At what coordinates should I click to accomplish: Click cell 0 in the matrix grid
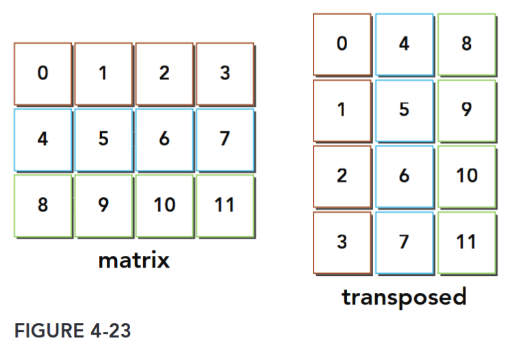click(x=42, y=73)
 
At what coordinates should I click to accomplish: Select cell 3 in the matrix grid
click(x=225, y=73)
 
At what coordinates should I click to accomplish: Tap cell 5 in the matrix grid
click(x=103, y=139)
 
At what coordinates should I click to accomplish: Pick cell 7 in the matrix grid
click(x=225, y=139)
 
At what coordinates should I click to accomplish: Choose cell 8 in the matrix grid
click(x=42, y=205)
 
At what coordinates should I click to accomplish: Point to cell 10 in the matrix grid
click(x=164, y=205)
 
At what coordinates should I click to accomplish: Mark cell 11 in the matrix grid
click(x=225, y=205)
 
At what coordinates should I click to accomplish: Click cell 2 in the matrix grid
click(x=164, y=73)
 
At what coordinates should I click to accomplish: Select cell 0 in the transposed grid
click(x=342, y=44)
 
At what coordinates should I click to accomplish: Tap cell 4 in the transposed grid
click(x=404, y=44)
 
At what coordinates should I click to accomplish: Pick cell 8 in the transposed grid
click(x=466, y=44)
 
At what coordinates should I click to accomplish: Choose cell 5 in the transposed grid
click(x=404, y=110)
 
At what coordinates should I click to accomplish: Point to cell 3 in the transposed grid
click(x=342, y=242)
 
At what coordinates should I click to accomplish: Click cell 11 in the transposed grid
click(x=466, y=242)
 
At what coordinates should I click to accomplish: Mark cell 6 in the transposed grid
click(x=404, y=176)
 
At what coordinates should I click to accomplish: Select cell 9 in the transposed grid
click(x=466, y=110)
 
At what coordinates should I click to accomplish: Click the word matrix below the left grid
click(x=133, y=260)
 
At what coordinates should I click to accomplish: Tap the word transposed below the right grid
click(x=404, y=297)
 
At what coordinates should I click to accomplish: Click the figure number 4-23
click(x=105, y=331)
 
